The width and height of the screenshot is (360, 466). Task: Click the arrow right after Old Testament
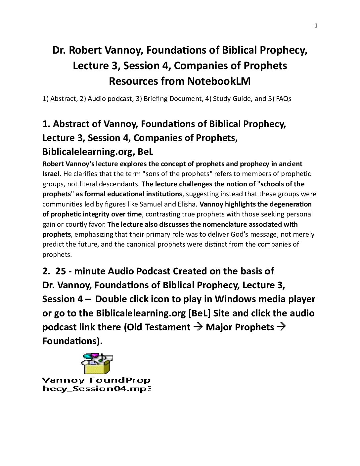click(198, 327)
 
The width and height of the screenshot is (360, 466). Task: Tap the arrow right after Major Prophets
click(282, 327)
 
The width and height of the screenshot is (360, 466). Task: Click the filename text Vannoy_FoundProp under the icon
click(96, 380)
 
